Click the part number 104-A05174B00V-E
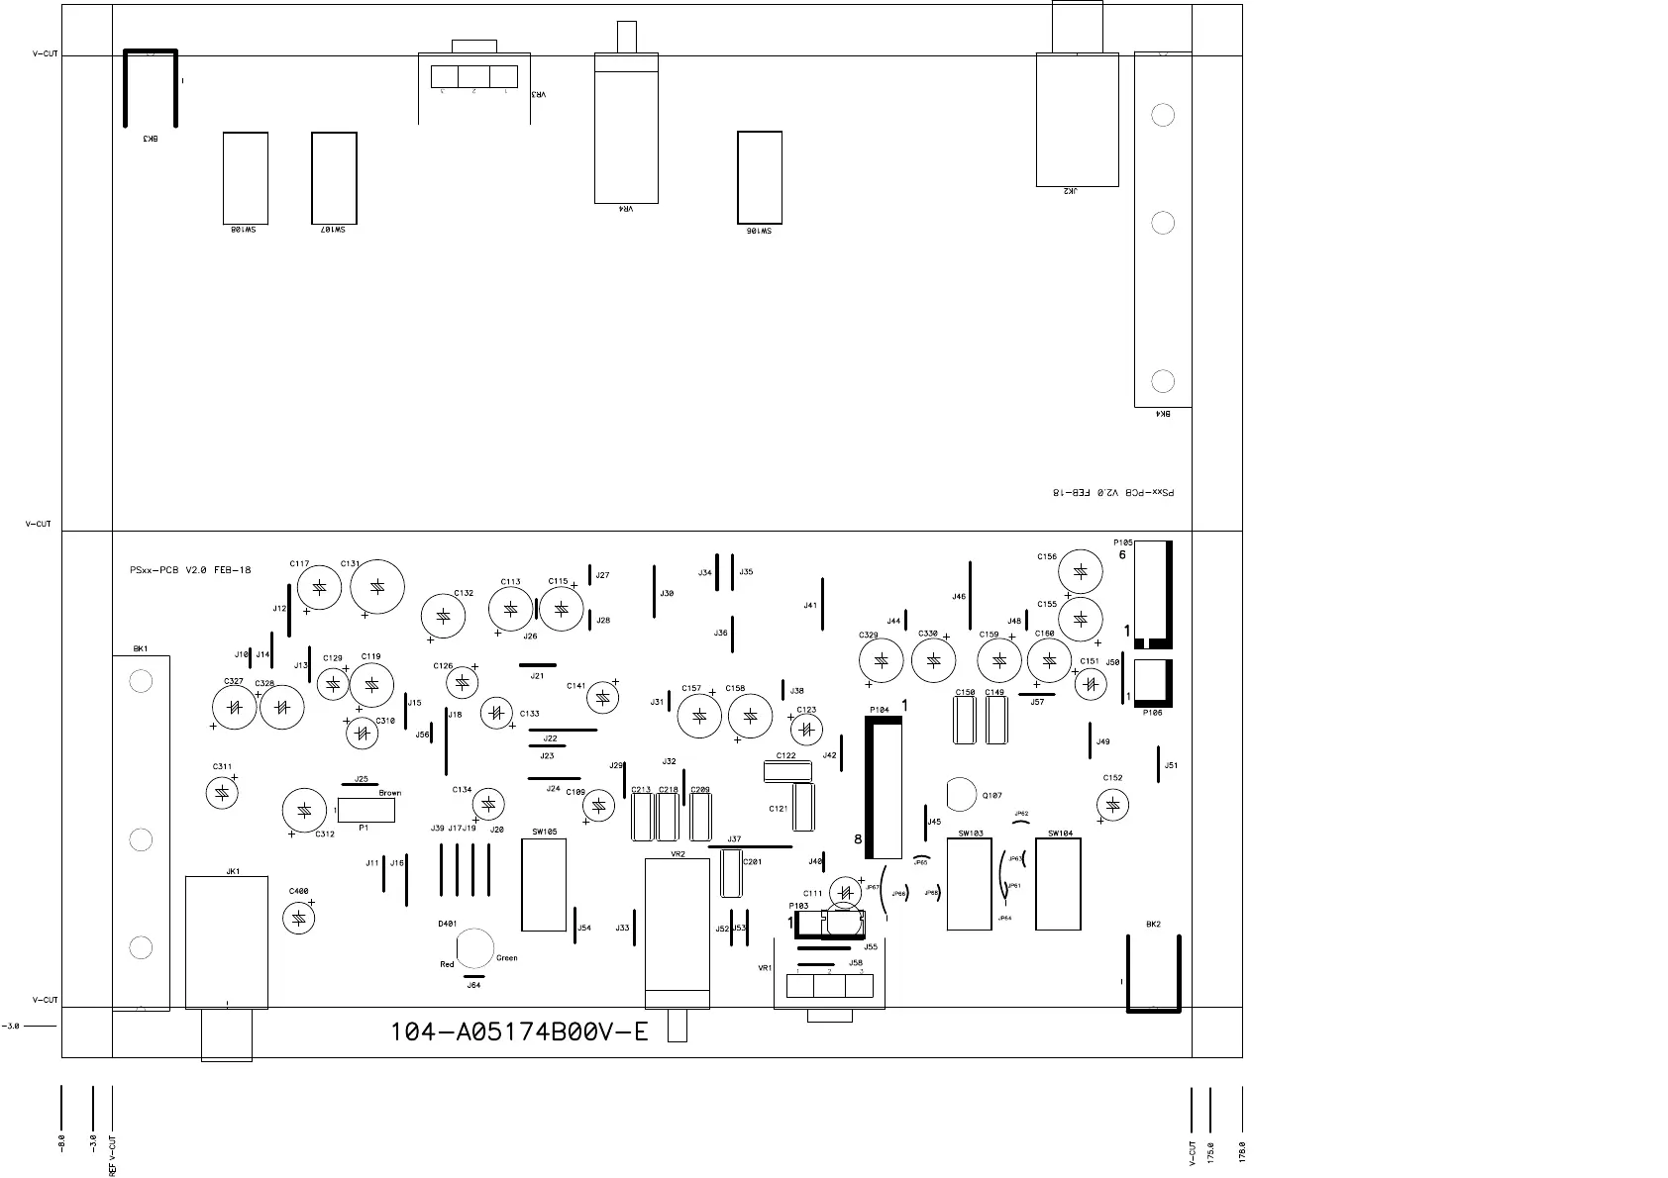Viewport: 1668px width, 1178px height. coord(519,1032)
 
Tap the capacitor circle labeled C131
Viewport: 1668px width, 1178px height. coord(377,587)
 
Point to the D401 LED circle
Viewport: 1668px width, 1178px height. coord(475,947)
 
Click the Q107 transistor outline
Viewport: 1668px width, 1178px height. coord(961,794)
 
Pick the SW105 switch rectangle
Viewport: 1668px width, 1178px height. coord(544,885)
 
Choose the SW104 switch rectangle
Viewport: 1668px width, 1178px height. coord(1058,884)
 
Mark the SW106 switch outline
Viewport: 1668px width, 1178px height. coord(760,177)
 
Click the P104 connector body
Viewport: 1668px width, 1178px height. coord(886,788)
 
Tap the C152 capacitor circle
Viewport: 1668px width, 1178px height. coord(1113,805)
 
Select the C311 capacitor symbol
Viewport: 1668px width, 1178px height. coord(222,792)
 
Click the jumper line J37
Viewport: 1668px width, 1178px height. coord(751,847)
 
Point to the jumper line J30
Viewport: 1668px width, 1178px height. coord(655,591)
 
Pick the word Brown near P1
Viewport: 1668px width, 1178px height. coord(389,793)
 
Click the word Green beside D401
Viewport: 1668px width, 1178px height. coord(506,958)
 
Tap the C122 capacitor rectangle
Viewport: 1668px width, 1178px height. coord(787,771)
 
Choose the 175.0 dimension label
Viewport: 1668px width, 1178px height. coord(1209,1154)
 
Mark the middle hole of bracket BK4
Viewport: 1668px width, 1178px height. coord(1163,223)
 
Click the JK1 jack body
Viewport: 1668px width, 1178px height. coord(227,941)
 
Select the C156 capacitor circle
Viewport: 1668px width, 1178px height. coord(1081,572)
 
